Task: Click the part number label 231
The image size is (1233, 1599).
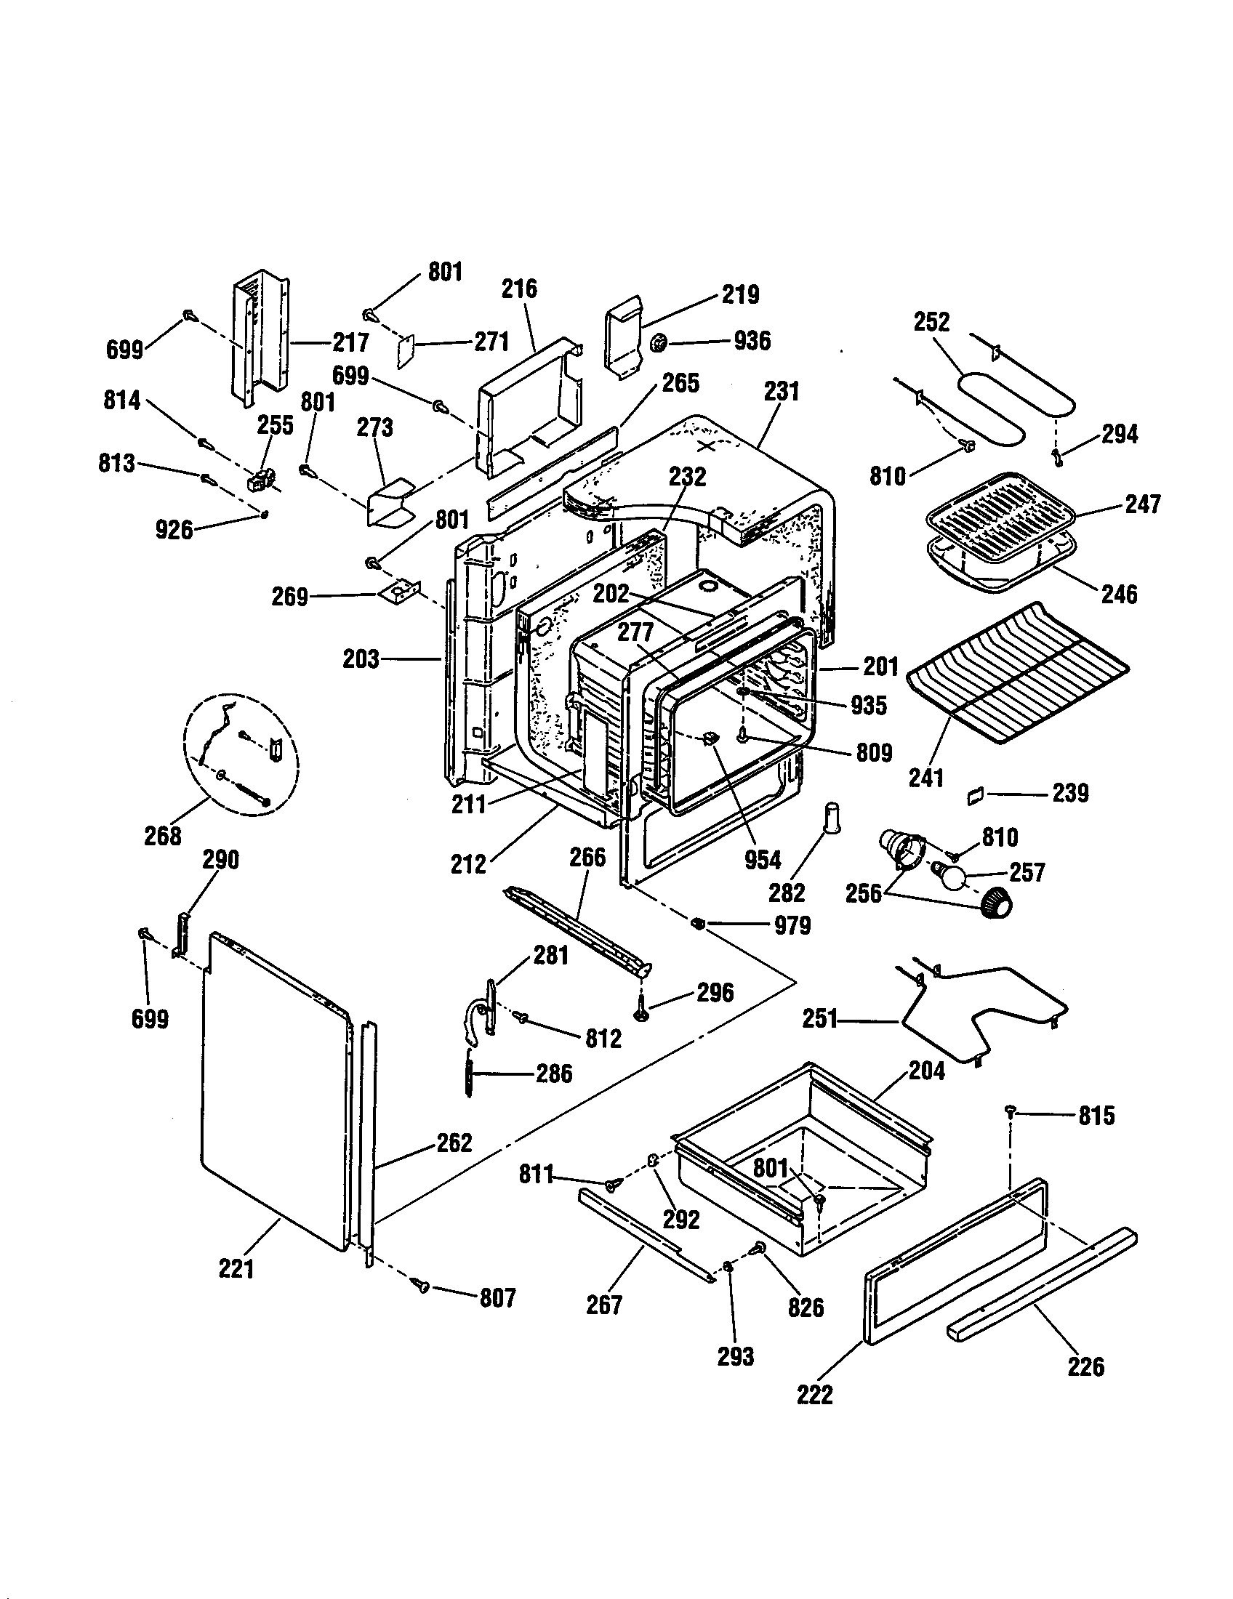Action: click(782, 392)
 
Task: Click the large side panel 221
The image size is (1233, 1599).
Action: click(275, 1091)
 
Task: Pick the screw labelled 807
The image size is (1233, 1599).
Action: click(422, 1285)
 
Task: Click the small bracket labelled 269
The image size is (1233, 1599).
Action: click(400, 591)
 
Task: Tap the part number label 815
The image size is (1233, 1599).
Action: click(1096, 1116)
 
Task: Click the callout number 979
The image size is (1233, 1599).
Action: click(792, 926)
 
